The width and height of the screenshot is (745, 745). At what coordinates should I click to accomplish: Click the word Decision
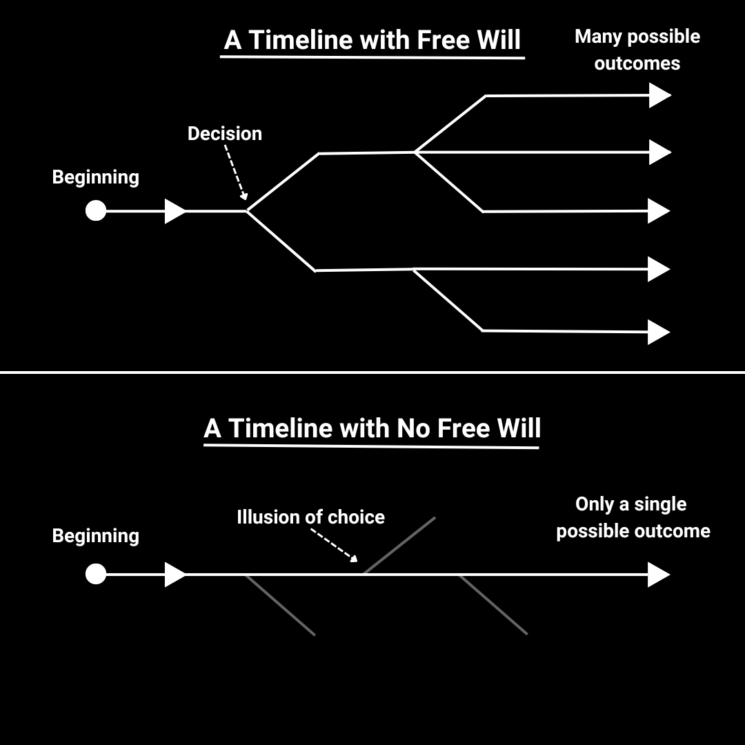[224, 133]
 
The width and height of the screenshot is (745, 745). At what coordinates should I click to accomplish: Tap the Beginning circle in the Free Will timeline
[96, 210]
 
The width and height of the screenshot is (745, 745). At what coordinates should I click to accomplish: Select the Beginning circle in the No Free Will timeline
[96, 574]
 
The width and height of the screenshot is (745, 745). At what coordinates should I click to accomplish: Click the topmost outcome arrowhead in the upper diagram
[659, 95]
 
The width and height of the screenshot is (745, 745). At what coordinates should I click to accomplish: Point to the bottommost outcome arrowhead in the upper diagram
[659, 332]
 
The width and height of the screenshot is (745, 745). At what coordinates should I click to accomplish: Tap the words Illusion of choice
[310, 517]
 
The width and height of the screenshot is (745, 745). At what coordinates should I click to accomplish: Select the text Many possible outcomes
[637, 50]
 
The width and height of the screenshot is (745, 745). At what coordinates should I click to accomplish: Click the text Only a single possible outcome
[633, 517]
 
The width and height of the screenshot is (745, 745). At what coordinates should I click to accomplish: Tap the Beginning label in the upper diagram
[95, 177]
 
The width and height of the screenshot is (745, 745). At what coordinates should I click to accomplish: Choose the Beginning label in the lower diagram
[95, 536]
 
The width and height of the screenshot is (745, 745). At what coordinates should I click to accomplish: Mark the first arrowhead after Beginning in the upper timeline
[175, 210]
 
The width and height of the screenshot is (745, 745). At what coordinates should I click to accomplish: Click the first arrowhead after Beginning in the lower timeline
[175, 574]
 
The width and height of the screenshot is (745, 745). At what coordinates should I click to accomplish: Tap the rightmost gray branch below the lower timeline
[493, 605]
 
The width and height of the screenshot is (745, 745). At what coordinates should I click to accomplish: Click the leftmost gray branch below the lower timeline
[281, 605]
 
